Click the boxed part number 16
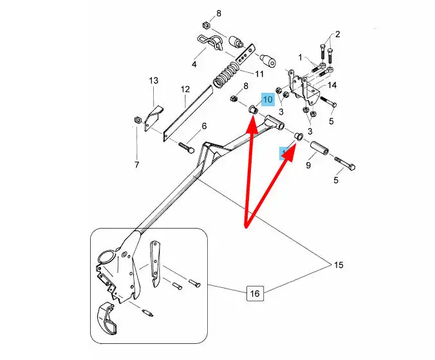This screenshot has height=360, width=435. (x=255, y=294)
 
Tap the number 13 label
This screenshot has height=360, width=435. (x=154, y=81)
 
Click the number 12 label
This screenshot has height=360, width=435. (x=185, y=90)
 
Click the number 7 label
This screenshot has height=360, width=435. (x=136, y=165)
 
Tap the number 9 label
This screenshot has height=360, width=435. (x=308, y=166)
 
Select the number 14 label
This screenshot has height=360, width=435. (x=332, y=85)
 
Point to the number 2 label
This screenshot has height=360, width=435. (x=337, y=34)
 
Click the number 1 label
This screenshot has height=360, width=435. (x=299, y=57)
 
